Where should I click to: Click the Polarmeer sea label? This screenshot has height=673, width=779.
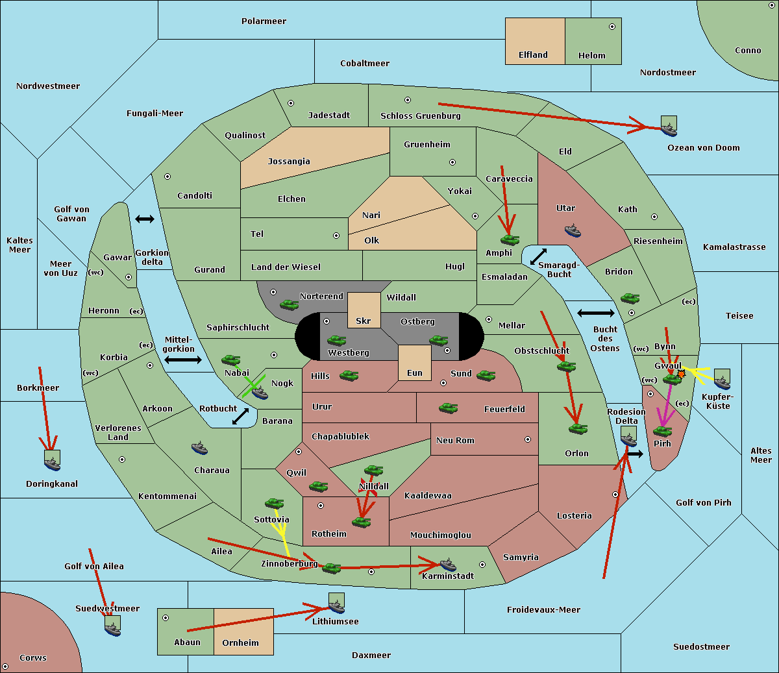[x=264, y=21]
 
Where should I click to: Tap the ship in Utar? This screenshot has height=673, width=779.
[x=573, y=230]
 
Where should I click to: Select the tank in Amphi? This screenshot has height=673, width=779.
[x=510, y=239]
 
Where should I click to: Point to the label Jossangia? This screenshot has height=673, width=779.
[x=289, y=162]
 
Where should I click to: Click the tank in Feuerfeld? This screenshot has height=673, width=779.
[x=448, y=408]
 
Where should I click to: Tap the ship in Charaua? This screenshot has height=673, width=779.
[x=199, y=448]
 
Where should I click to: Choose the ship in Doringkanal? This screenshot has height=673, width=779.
[x=52, y=464]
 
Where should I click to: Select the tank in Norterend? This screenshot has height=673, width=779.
[x=289, y=304]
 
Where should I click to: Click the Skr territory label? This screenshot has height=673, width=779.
[x=364, y=321]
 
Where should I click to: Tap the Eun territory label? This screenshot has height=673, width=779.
[x=415, y=373]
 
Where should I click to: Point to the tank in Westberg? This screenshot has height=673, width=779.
[x=336, y=340]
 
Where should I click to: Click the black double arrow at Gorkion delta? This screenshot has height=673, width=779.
[x=145, y=219]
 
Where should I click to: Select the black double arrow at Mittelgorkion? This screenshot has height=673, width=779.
[x=183, y=360]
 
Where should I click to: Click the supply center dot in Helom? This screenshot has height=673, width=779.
[x=612, y=27]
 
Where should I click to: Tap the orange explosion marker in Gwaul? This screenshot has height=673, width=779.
[x=681, y=374]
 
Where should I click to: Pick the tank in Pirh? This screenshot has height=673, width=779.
[x=662, y=431]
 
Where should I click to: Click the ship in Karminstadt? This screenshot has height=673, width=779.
[x=448, y=565]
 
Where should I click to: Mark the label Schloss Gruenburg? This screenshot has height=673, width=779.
[x=421, y=116]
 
